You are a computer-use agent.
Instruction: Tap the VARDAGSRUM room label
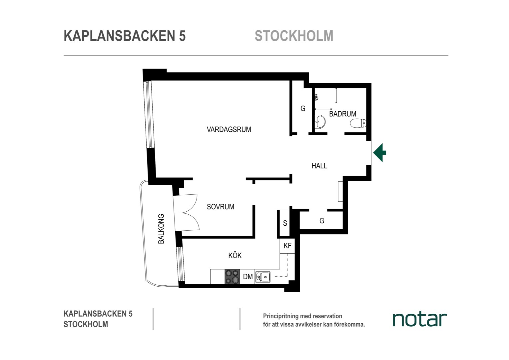tap(229, 129)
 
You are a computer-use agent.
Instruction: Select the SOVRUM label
tap(221, 207)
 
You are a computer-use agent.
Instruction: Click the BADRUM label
tap(343, 114)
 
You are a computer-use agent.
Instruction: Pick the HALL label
tap(319, 166)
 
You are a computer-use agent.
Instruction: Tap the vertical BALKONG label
tap(161, 229)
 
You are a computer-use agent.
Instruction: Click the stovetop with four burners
tap(232, 277)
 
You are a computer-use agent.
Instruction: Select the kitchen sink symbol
tap(263, 277)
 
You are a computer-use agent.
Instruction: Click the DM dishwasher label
tap(248, 277)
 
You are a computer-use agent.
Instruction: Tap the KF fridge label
tap(287, 246)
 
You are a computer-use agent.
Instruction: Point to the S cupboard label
tap(285, 223)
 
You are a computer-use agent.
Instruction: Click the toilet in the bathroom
tap(358, 123)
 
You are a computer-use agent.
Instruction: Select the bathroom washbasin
tap(320, 122)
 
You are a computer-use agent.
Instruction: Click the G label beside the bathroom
tap(303, 108)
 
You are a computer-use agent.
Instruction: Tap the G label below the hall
tap(322, 221)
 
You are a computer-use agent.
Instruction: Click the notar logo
tap(420, 320)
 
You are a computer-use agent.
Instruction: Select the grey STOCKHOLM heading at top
tap(294, 36)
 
